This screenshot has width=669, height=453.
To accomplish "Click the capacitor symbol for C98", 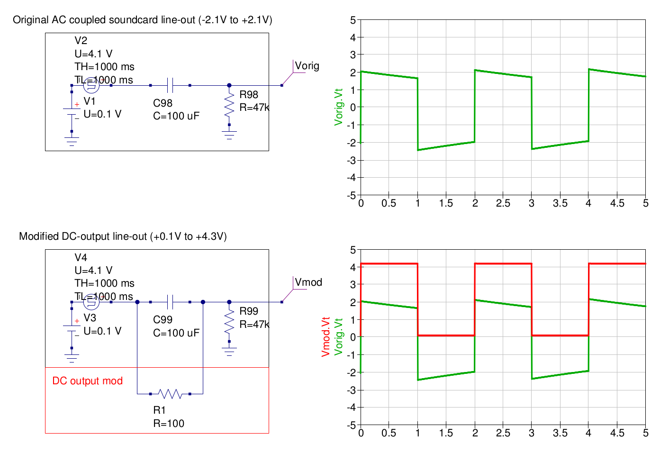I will [170, 85].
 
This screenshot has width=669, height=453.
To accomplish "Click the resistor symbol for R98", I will [229, 105].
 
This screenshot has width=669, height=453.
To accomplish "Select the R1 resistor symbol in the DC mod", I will [170, 394].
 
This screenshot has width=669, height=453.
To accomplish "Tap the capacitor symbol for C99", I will [170, 302].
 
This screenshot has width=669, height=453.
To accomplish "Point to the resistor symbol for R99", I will [229, 321].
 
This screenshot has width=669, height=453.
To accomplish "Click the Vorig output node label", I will [307, 66].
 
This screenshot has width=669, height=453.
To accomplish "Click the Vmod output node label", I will [308, 282].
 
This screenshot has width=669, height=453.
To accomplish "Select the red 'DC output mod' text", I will [87, 381].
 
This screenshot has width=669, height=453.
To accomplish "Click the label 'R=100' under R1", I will [169, 424].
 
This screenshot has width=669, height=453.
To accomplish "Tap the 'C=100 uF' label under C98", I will [176, 116].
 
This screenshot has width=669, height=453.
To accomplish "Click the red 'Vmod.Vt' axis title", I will [325, 336].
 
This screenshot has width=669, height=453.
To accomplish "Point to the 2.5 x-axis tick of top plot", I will [503, 203].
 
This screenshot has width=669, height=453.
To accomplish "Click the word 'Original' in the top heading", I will [31, 20].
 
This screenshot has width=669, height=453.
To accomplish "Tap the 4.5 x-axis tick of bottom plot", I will [617, 433].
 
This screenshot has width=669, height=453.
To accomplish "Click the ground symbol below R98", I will [229, 135].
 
